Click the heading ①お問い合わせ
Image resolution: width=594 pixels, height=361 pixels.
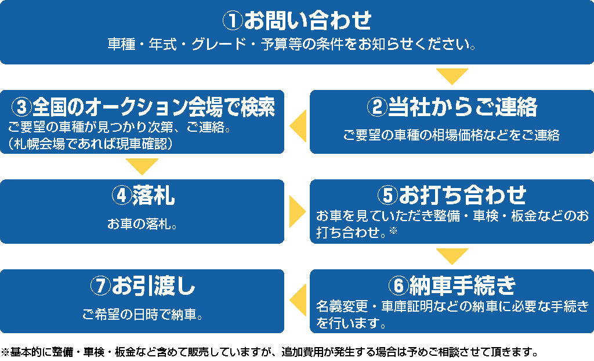click(297, 21)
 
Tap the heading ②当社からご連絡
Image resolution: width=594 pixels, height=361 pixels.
click(452, 107)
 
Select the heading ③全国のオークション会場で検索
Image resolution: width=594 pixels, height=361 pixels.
click(143, 107)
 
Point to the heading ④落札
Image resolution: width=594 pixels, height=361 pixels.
click(143, 196)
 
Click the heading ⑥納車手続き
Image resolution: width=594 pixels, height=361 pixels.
click(452, 285)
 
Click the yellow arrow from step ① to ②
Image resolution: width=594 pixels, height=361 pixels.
click(452, 76)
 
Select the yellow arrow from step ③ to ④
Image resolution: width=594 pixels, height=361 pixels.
click(142, 166)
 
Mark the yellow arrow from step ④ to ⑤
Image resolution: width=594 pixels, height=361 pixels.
click(297, 211)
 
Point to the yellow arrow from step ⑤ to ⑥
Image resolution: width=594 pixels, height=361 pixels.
click(452, 255)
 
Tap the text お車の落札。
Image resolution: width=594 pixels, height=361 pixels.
click(143, 223)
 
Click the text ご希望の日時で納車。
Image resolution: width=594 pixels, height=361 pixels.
click(143, 316)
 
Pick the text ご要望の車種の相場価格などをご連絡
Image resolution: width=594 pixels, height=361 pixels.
click(452, 136)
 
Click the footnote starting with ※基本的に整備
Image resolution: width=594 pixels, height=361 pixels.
click(270, 352)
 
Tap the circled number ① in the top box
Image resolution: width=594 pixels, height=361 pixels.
click(232, 21)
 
